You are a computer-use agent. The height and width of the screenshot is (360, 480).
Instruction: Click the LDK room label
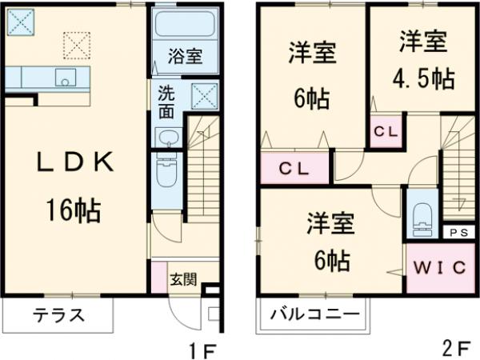coord(74,162)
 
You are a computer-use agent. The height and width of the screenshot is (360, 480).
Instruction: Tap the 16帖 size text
coord(73,210)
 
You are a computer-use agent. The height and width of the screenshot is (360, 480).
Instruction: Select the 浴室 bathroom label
coord(184,57)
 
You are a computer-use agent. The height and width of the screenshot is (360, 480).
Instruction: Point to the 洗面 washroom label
coord(166,102)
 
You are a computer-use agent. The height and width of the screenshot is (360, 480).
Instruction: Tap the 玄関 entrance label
coord(182,279)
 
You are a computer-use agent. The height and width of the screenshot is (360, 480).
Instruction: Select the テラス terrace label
coord(58,314)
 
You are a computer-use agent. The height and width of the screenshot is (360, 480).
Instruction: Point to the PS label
coord(457,232)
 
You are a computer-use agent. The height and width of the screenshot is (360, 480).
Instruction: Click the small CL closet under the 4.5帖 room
coord(386,129)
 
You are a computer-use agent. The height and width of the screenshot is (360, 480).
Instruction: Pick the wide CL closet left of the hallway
coord(295,169)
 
